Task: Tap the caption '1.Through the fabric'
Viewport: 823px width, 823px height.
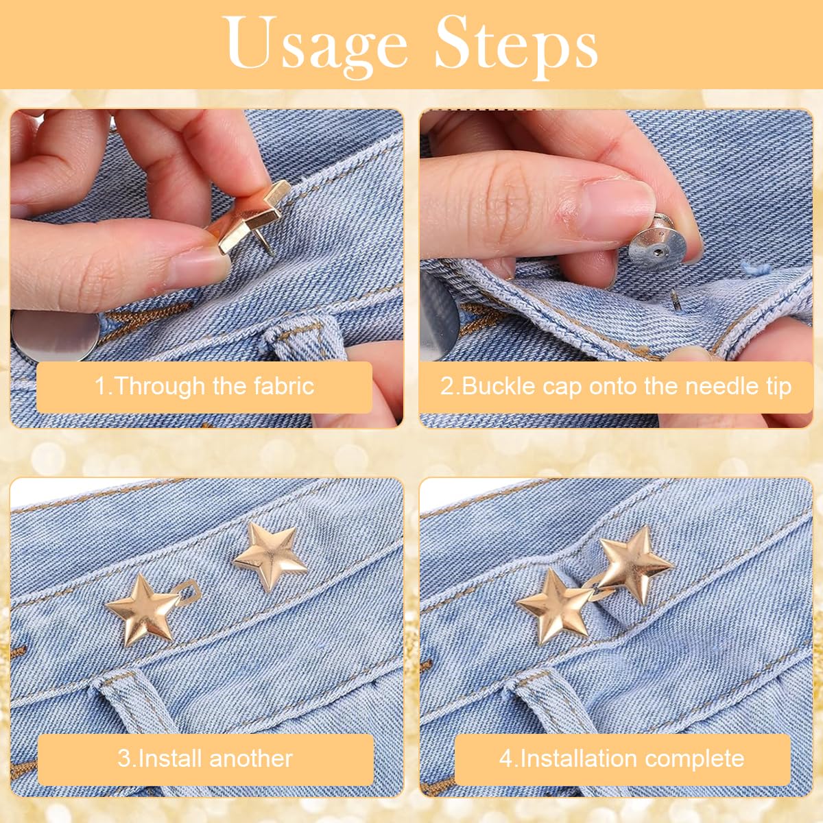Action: (204, 386)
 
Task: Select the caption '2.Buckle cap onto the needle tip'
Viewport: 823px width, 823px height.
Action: (615, 386)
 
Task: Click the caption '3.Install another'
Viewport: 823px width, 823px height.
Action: (205, 759)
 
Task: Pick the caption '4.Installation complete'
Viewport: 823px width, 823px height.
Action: (621, 759)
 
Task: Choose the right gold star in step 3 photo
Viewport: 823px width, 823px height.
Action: (270, 556)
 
